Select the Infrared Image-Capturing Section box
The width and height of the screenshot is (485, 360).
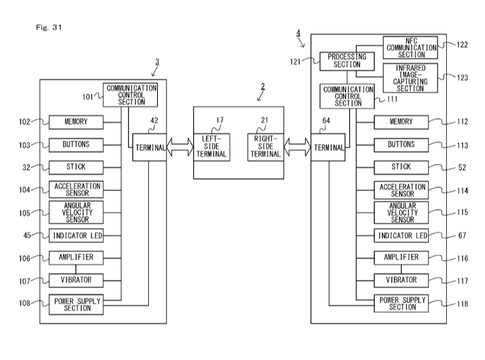410,78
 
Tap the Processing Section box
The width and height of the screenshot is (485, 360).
347,61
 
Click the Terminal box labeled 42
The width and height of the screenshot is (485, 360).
149,148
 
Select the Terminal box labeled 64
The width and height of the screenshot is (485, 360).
329,148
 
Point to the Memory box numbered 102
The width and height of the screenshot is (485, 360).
76,122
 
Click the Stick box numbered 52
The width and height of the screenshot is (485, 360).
401,167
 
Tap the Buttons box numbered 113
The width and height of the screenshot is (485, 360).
401,145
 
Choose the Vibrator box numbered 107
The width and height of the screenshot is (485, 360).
76,280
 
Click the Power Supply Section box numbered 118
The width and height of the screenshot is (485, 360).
401,303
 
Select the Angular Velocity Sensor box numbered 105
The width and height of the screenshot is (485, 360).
76,212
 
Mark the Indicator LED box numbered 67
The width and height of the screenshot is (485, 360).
401,235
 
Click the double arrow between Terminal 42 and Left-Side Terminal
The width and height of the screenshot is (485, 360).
179,148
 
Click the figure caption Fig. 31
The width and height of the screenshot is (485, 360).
50,28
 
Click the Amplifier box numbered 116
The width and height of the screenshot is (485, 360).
401,257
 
